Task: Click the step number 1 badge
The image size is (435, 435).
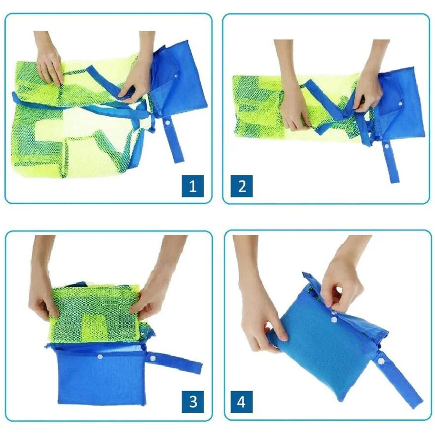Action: pos(193,186)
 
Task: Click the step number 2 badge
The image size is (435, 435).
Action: pos(241,186)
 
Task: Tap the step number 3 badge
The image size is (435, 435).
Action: pos(193,402)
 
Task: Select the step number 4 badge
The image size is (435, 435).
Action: pos(241,402)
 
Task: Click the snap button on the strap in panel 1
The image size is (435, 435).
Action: pos(167,122)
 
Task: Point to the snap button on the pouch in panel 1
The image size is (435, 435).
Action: pos(176,75)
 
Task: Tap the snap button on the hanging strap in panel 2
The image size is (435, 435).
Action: pos(386,146)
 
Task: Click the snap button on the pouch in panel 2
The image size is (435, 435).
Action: pos(400,104)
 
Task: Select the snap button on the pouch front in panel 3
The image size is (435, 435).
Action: pos(99,357)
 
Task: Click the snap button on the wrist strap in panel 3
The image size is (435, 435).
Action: pos(152,358)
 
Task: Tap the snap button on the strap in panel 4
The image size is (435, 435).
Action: pos(381,361)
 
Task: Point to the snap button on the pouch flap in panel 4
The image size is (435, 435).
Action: pos(334,319)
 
